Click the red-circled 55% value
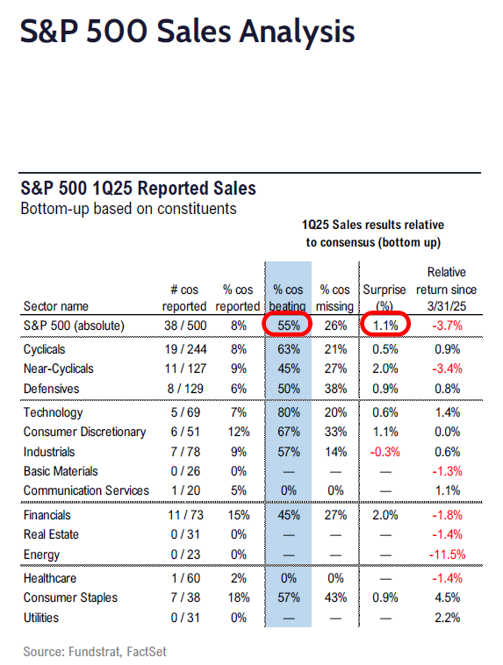pyautogui.click(x=289, y=325)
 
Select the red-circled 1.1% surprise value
pyautogui.click(x=385, y=325)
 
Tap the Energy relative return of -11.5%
pyautogui.click(x=448, y=554)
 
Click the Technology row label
pyautogui.click(x=53, y=412)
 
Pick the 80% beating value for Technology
pyautogui.click(x=289, y=412)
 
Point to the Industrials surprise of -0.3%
pyautogui.click(x=385, y=452)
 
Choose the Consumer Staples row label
pyautogui.click(x=70, y=597)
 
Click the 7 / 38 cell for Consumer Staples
pyautogui.click(x=185, y=597)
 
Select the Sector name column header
pyautogui.click(x=56, y=306)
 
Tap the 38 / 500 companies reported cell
pyautogui.click(x=185, y=325)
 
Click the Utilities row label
pyautogui.click(x=41, y=618)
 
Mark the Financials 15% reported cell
pyautogui.click(x=239, y=515)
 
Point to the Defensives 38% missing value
pyautogui.click(x=335, y=389)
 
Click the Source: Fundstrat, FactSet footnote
pyautogui.click(x=95, y=652)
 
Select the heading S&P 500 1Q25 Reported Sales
pyautogui.click(x=139, y=189)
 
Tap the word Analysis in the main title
pyautogui.click(x=297, y=32)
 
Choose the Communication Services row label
pyautogui.click(x=86, y=490)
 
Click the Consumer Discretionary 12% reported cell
pyautogui.click(x=239, y=432)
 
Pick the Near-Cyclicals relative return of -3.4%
pyautogui.click(x=448, y=368)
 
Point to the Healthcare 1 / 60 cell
pyautogui.click(x=185, y=578)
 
